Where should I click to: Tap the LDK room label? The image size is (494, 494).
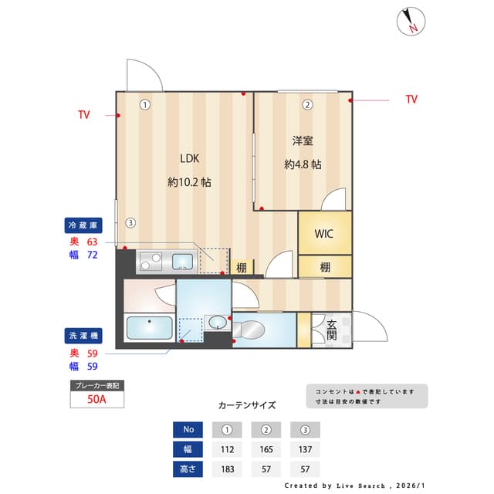190,158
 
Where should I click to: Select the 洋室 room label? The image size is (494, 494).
302,140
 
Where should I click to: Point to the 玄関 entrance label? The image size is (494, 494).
331,330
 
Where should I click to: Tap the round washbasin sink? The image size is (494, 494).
217,321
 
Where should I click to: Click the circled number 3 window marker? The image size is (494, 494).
131,223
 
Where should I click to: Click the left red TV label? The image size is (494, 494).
83,115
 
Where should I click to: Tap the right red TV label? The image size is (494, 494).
411,100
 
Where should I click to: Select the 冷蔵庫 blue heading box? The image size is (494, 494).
83,225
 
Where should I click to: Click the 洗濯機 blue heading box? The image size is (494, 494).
83,336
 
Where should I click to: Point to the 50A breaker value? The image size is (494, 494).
97,400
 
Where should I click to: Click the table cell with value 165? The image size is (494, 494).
266,449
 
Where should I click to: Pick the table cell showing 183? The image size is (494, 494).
227,469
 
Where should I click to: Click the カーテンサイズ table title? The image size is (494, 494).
247,404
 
